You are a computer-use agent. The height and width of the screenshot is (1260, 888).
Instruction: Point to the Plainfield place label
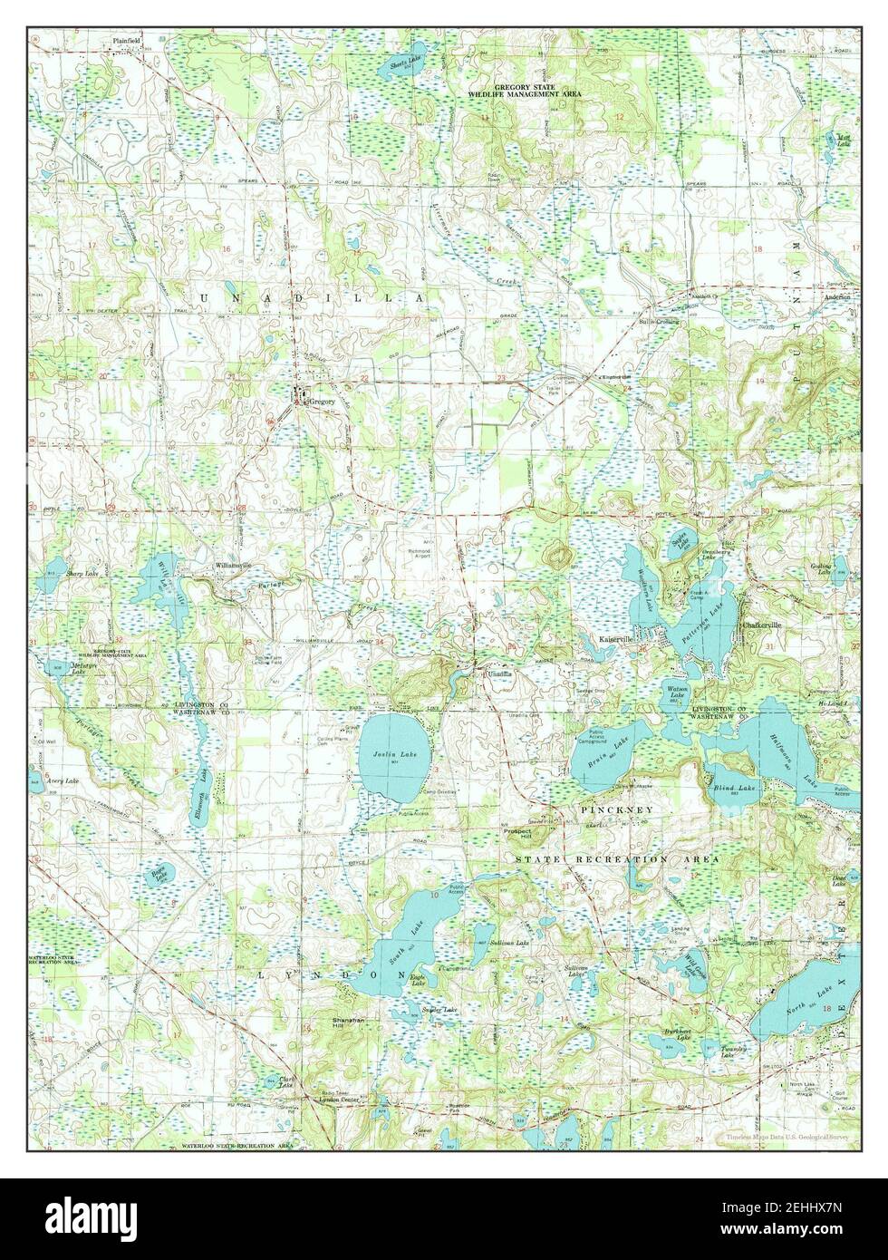127,41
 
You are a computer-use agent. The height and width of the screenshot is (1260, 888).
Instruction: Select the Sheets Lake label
405,63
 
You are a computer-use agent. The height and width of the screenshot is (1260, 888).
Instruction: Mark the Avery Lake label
63,780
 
